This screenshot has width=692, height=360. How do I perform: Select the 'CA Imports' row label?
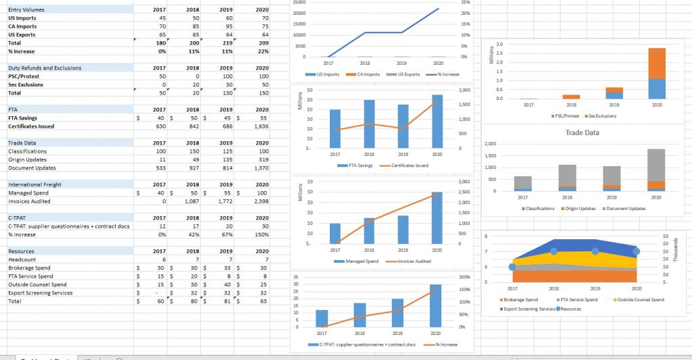[22, 26]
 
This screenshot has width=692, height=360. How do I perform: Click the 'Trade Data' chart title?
[583, 132]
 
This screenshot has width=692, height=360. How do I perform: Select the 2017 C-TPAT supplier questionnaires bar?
[322, 319]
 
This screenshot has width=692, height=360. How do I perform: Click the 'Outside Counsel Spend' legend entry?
[640, 299]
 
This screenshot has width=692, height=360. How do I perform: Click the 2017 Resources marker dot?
[512, 267]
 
